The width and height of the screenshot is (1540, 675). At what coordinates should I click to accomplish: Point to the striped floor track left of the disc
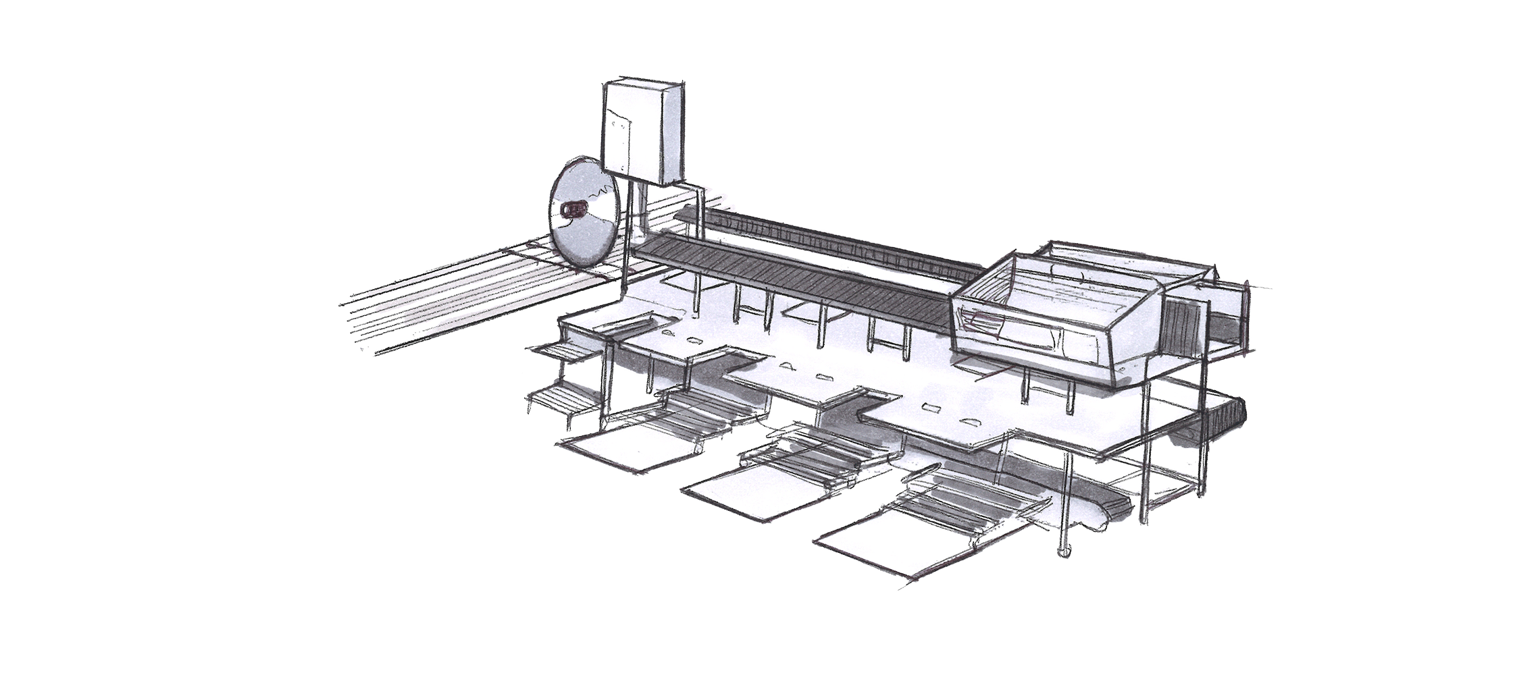tap(459, 297)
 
